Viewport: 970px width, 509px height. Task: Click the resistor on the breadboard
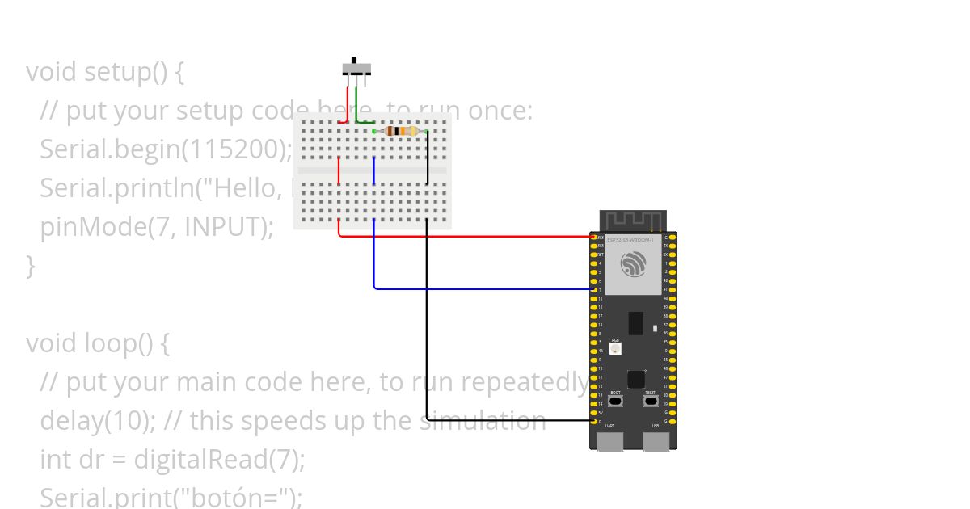[401, 131]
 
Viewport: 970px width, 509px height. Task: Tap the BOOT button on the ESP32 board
[616, 401]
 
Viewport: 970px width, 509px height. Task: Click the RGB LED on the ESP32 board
[616, 348]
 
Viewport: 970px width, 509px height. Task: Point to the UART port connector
[610, 440]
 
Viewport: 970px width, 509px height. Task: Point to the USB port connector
[656, 440]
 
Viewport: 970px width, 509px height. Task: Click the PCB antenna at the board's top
[633, 219]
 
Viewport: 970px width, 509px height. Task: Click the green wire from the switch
[356, 105]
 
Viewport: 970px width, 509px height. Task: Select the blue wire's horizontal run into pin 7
[485, 288]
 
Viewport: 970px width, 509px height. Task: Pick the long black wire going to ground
[427, 323]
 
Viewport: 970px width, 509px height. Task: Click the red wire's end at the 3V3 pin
[590, 237]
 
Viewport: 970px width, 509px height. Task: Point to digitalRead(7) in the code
[219, 460]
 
